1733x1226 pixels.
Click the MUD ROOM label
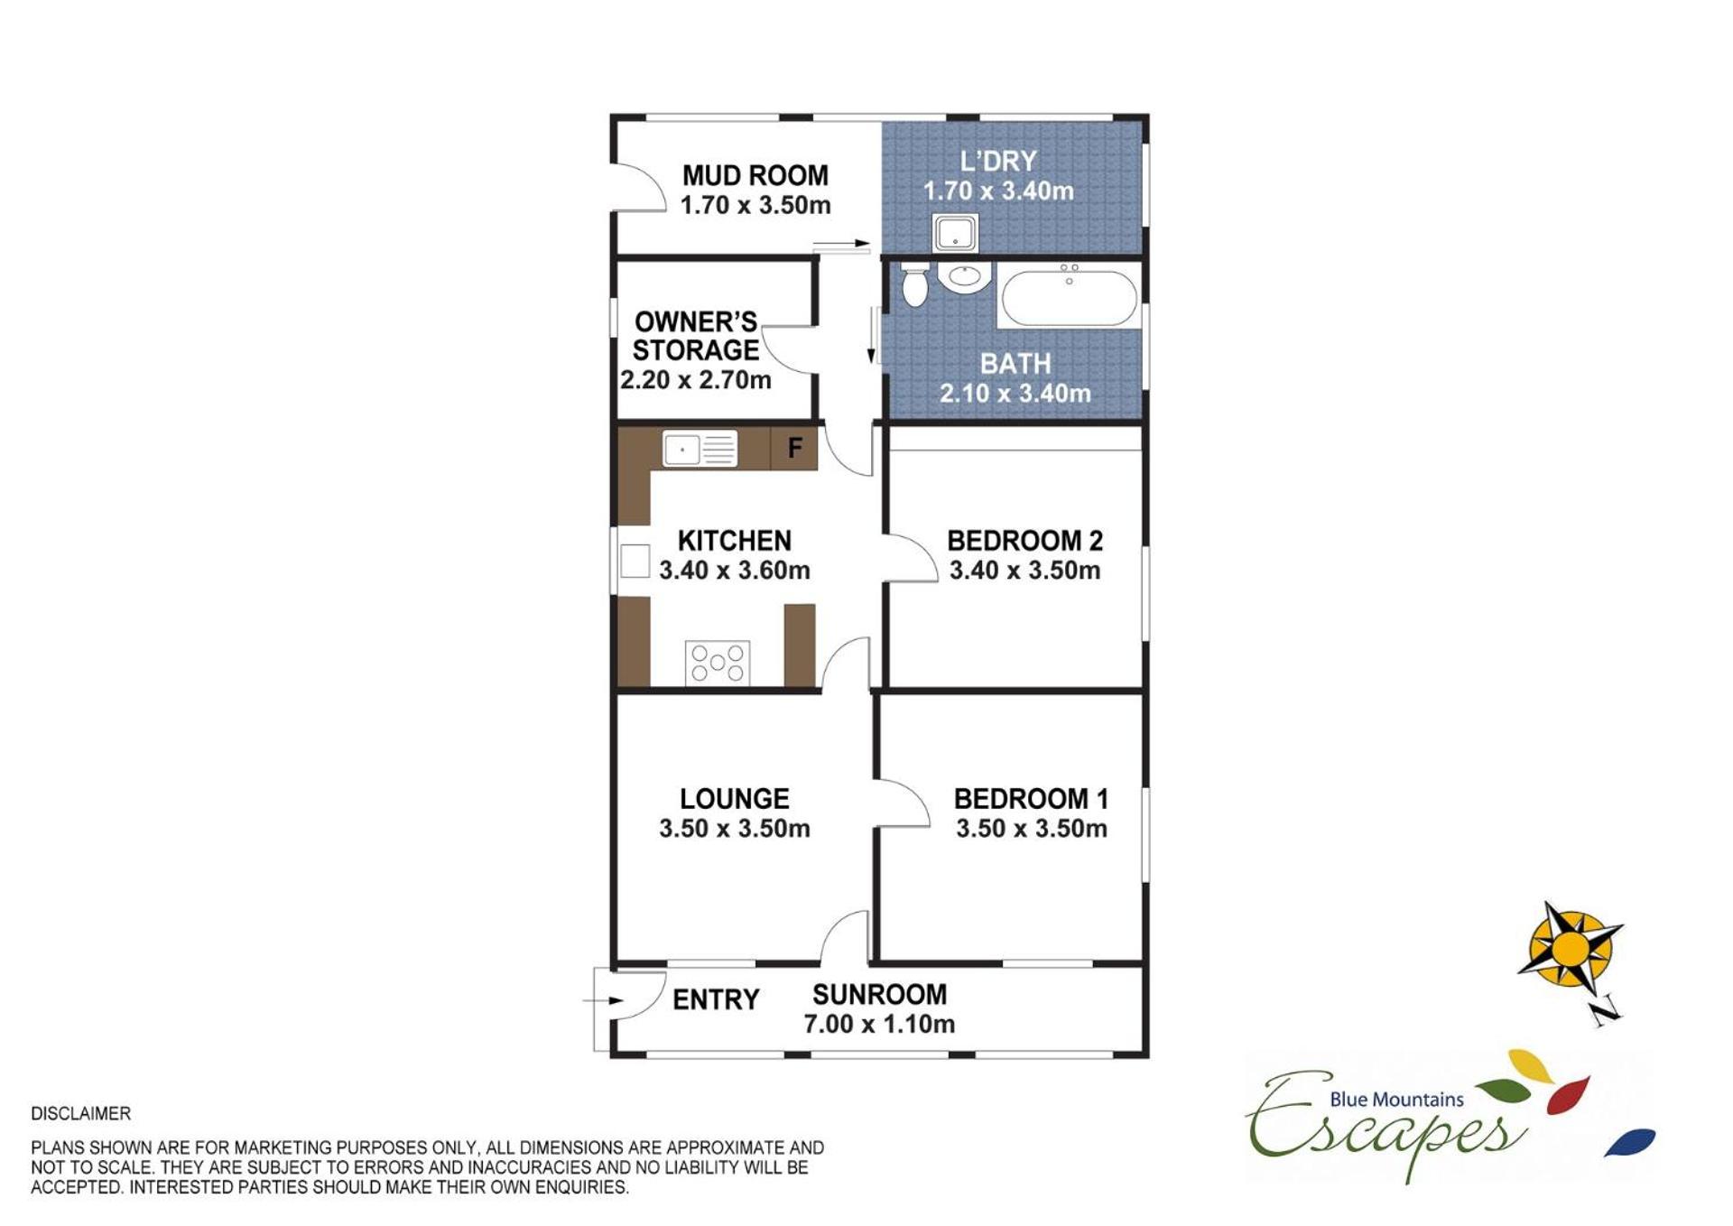[755, 175]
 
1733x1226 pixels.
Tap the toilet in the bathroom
[914, 284]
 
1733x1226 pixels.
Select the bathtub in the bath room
[1069, 295]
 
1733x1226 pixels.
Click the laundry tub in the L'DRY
[955, 233]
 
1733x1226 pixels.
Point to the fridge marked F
[794, 448]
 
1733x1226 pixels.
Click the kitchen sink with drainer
[700, 449]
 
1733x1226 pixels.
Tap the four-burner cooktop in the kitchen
[718, 663]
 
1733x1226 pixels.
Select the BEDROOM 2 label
[1024, 541]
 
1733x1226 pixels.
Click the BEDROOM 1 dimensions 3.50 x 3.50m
[1031, 829]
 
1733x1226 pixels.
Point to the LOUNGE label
[734, 799]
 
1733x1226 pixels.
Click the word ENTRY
[716, 999]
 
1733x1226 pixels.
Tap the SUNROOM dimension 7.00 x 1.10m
[879, 1024]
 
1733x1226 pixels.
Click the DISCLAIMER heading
[80, 1114]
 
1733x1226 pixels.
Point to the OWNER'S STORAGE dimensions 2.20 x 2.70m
[695, 380]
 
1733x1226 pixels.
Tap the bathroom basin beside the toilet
[964, 276]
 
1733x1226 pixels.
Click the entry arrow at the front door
[603, 1000]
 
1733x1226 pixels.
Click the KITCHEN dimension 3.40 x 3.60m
[734, 571]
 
